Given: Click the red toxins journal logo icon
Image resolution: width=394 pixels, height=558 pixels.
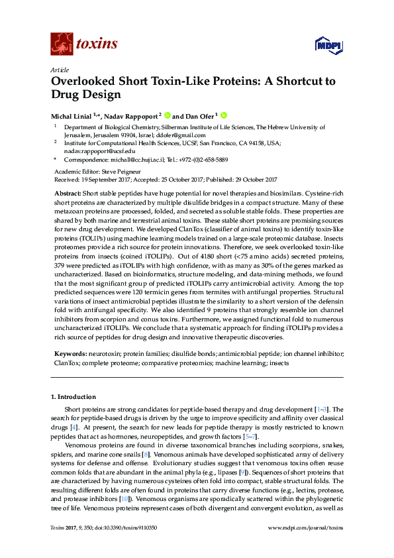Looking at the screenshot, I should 61,44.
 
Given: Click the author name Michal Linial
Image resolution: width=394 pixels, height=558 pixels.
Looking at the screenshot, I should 71,115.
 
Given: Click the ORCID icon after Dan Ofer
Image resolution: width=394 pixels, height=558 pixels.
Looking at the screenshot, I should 224,115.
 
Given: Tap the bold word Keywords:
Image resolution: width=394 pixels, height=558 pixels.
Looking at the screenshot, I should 70,355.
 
